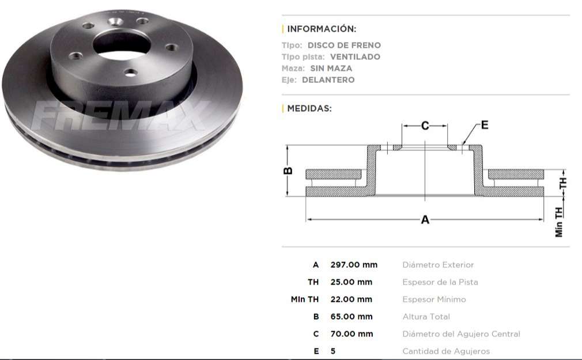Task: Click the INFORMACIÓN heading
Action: (322, 29)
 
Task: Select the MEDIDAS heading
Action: (309, 108)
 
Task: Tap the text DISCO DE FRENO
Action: (344, 45)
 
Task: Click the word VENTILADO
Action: (355, 56)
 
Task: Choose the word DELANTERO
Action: (328, 79)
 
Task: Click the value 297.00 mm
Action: (353, 265)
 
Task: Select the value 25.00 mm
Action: (351, 282)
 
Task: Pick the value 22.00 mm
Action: (351, 300)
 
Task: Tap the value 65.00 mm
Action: (351, 317)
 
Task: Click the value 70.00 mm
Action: (351, 334)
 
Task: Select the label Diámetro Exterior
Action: (438, 265)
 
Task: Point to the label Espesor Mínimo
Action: (434, 300)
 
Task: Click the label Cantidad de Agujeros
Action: (445, 351)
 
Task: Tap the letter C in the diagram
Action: (425, 126)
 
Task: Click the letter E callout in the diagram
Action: (485, 125)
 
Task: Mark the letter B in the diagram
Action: (289, 170)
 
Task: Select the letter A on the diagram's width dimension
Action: (425, 219)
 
